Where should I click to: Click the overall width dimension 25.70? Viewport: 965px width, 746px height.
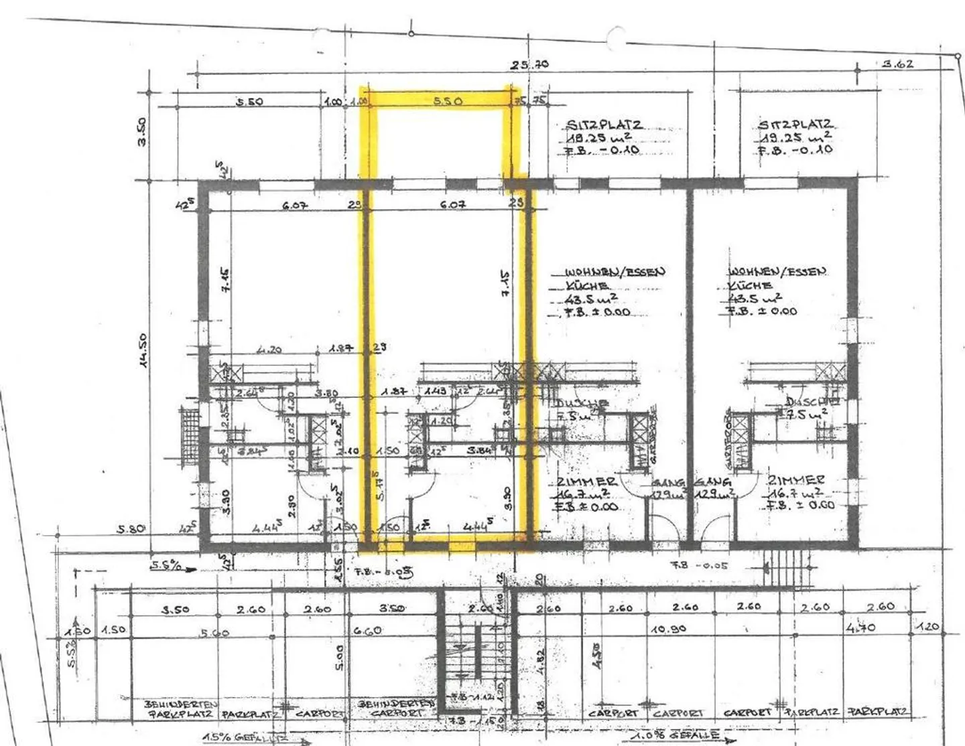529,65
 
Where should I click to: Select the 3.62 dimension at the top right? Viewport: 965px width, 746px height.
897,65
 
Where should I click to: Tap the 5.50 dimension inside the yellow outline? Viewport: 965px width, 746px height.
448,102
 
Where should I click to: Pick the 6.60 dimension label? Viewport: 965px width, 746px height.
367,631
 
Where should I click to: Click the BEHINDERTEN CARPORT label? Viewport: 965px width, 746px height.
397,708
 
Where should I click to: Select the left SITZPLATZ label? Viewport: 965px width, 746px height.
604,125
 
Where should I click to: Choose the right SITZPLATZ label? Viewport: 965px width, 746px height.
795,125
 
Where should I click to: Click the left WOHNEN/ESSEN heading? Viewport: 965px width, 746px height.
615,272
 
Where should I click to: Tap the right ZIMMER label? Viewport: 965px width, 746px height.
796,480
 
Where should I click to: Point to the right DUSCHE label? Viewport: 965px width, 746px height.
812,402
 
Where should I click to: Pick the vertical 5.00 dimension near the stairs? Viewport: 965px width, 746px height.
340,657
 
